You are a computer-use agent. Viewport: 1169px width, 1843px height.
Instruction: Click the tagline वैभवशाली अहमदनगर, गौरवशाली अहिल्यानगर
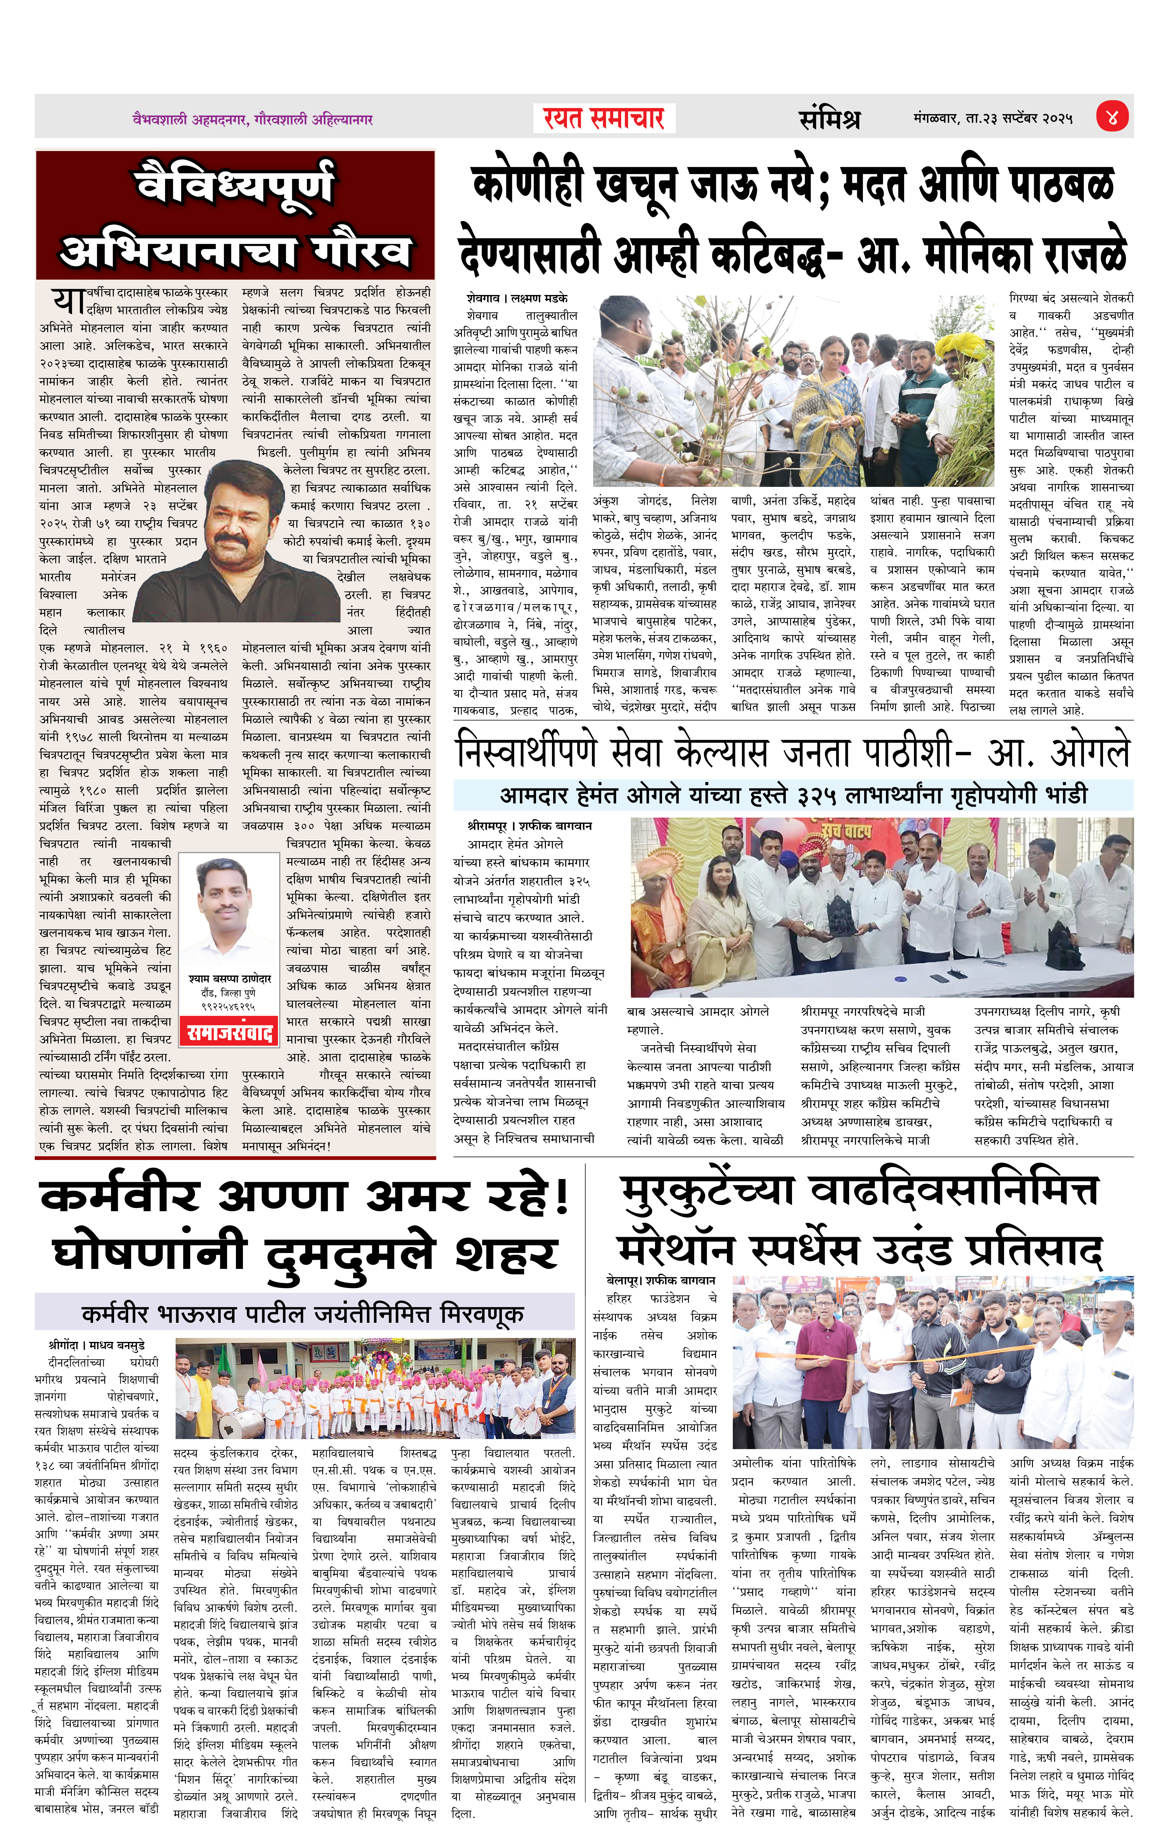[x=253, y=120]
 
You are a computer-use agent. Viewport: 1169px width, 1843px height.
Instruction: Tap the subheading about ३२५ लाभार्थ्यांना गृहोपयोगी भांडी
[x=793, y=795]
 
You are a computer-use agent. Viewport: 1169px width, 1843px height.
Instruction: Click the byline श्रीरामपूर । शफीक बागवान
[x=529, y=826]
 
